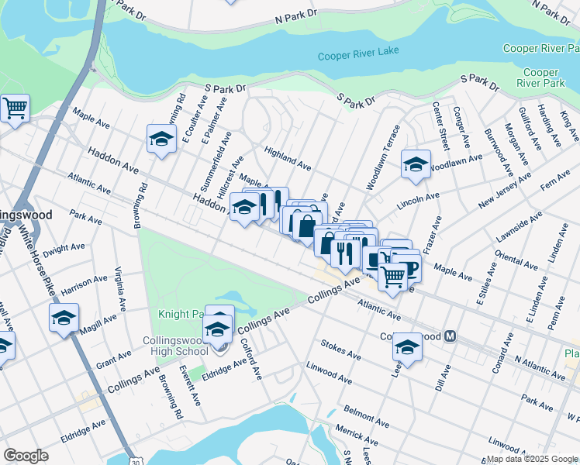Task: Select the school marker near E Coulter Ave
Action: click(162, 139)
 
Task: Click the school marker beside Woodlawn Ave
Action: click(416, 164)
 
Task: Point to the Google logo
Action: click(26, 455)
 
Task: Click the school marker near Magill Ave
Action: click(64, 318)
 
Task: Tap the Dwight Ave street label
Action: click(64, 249)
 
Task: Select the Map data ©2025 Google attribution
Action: click(533, 458)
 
